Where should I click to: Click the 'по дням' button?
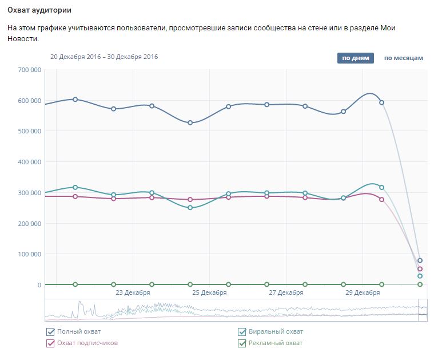pos(355,58)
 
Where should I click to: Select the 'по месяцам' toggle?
pos(403,58)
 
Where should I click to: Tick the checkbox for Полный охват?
pos(50,332)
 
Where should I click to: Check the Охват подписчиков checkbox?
pos(50,343)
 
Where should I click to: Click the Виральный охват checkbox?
pos(242,332)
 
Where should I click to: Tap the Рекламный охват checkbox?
pos(242,343)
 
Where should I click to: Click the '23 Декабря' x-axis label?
pos(133,293)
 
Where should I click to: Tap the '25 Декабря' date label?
pos(209,293)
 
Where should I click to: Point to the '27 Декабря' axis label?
pos(286,293)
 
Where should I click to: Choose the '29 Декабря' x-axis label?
pos(363,293)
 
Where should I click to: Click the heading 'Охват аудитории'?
pos(39,11)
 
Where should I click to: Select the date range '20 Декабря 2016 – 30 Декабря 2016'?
pos(104,57)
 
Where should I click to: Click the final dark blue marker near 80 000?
pos(420,260)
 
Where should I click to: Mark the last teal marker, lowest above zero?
pos(420,276)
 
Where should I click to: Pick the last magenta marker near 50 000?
pos(420,269)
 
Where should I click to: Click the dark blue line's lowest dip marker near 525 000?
pos(190,123)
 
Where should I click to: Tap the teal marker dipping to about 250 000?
pos(190,208)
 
